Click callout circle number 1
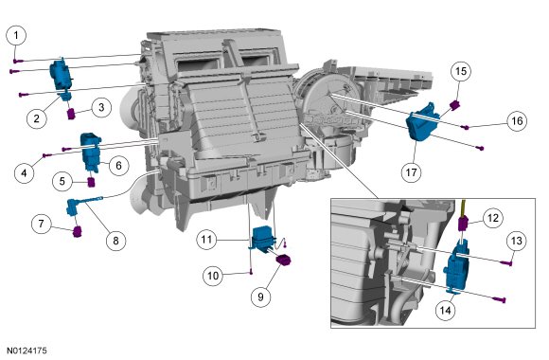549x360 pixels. [16, 35]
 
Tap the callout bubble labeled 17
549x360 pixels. [412, 172]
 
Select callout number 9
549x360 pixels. [261, 297]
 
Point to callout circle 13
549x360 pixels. [517, 241]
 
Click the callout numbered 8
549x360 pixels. [115, 241]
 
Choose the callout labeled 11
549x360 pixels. [206, 240]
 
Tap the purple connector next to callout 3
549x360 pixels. [71, 114]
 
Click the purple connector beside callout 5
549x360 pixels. [91, 182]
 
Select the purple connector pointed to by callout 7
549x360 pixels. [77, 232]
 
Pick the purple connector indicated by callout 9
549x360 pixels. [284, 261]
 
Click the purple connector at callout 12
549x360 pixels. [463, 224]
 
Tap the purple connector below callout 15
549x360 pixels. [454, 104]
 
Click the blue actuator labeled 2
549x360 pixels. [62, 81]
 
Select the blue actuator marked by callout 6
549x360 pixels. [90, 153]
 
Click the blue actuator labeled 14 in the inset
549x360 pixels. [455, 266]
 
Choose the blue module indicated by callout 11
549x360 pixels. [264, 239]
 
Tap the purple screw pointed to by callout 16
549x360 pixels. [466, 127]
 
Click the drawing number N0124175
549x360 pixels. [27, 351]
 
